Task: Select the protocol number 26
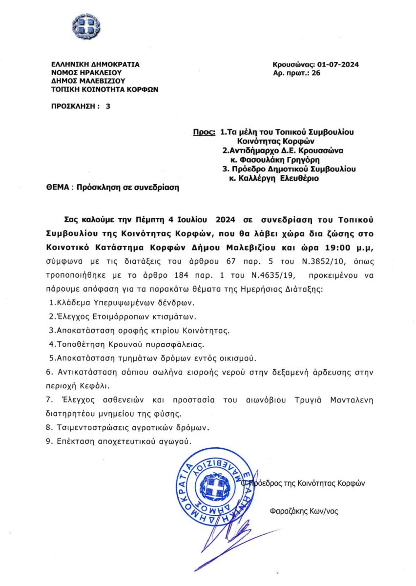[315, 73]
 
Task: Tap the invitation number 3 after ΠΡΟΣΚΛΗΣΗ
[107, 105]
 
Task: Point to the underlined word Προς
[204, 132]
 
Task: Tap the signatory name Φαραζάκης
[290, 512]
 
